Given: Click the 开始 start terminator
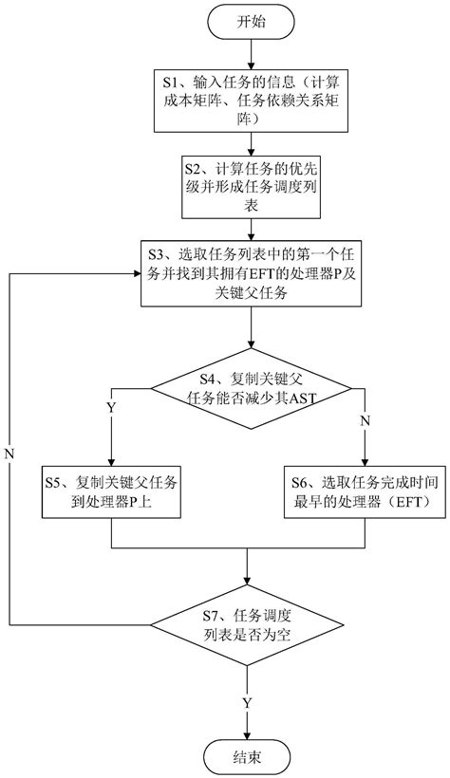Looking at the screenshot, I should click(x=249, y=22).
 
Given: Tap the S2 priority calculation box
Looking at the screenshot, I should click(x=249, y=188).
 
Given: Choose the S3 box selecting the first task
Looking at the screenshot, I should click(x=249, y=275).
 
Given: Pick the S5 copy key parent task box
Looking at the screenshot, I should click(x=112, y=492).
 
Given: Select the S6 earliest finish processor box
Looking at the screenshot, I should click(x=366, y=492).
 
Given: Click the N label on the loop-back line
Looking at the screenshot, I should click(x=10, y=452).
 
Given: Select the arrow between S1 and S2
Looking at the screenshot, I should click(x=249, y=145).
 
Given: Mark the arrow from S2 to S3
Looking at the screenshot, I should click(x=249, y=232).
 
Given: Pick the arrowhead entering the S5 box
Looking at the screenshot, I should click(x=112, y=459).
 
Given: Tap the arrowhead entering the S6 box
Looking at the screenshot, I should click(x=366, y=459).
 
